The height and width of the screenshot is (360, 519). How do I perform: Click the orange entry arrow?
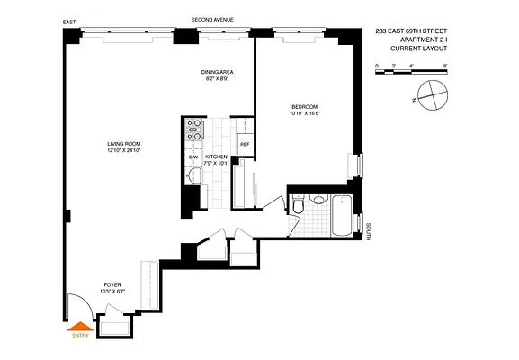(81, 328)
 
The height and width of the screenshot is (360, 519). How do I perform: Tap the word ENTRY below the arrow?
(81, 338)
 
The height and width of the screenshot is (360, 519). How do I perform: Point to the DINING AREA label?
(215, 73)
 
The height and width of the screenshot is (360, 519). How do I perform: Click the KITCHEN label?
(216, 157)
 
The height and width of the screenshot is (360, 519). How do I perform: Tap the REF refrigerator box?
(244, 144)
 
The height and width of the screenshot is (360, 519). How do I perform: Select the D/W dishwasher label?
(192, 157)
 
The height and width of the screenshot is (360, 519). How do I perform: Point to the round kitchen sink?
(193, 175)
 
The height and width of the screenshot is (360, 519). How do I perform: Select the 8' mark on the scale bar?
(445, 67)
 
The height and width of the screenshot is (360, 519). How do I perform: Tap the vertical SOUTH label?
(369, 232)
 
